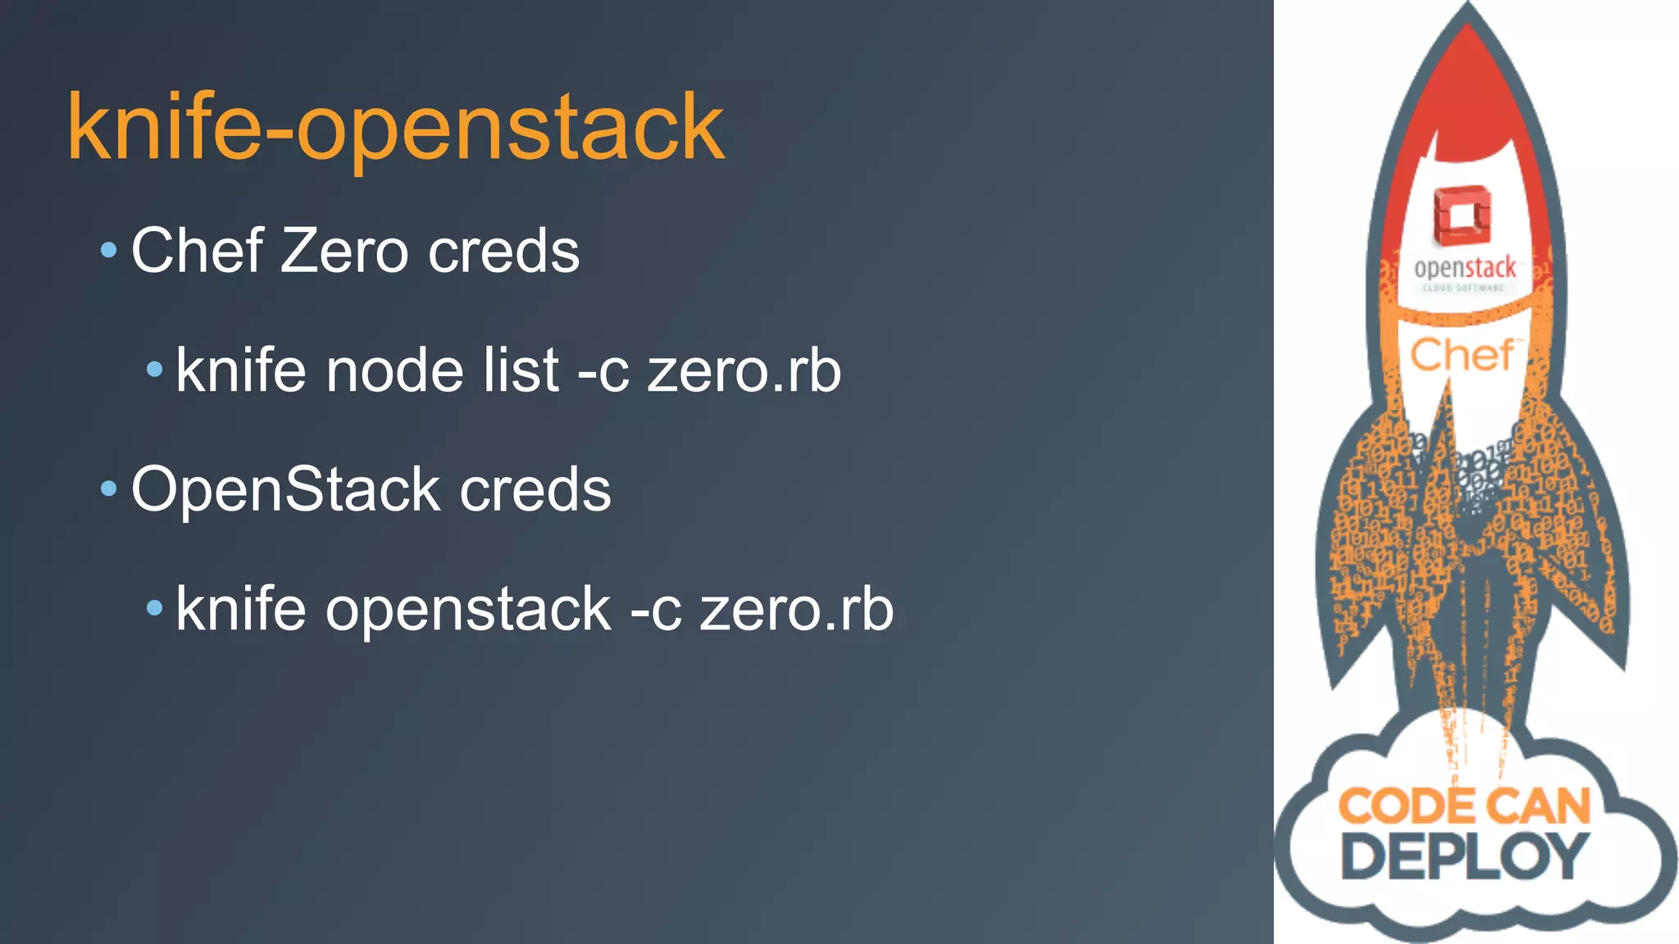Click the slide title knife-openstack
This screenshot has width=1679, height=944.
point(396,129)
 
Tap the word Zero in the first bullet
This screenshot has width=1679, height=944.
point(344,251)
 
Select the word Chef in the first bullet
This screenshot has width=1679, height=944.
point(197,251)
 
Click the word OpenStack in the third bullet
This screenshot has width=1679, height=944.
point(286,490)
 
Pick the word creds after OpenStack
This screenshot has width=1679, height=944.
point(535,490)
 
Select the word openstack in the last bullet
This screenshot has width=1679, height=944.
point(468,610)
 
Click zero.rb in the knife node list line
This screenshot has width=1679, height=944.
point(744,370)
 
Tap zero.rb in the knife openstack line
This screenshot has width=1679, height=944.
point(796,610)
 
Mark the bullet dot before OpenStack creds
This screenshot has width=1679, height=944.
point(108,489)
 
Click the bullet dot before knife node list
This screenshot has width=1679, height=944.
point(154,370)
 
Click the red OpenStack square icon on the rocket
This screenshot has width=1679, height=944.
point(1462,215)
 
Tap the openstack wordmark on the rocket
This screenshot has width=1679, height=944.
point(1465,268)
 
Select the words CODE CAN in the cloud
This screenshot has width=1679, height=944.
point(1464,806)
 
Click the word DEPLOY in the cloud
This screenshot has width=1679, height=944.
point(1464,856)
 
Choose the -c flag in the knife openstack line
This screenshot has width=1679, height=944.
point(655,610)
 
